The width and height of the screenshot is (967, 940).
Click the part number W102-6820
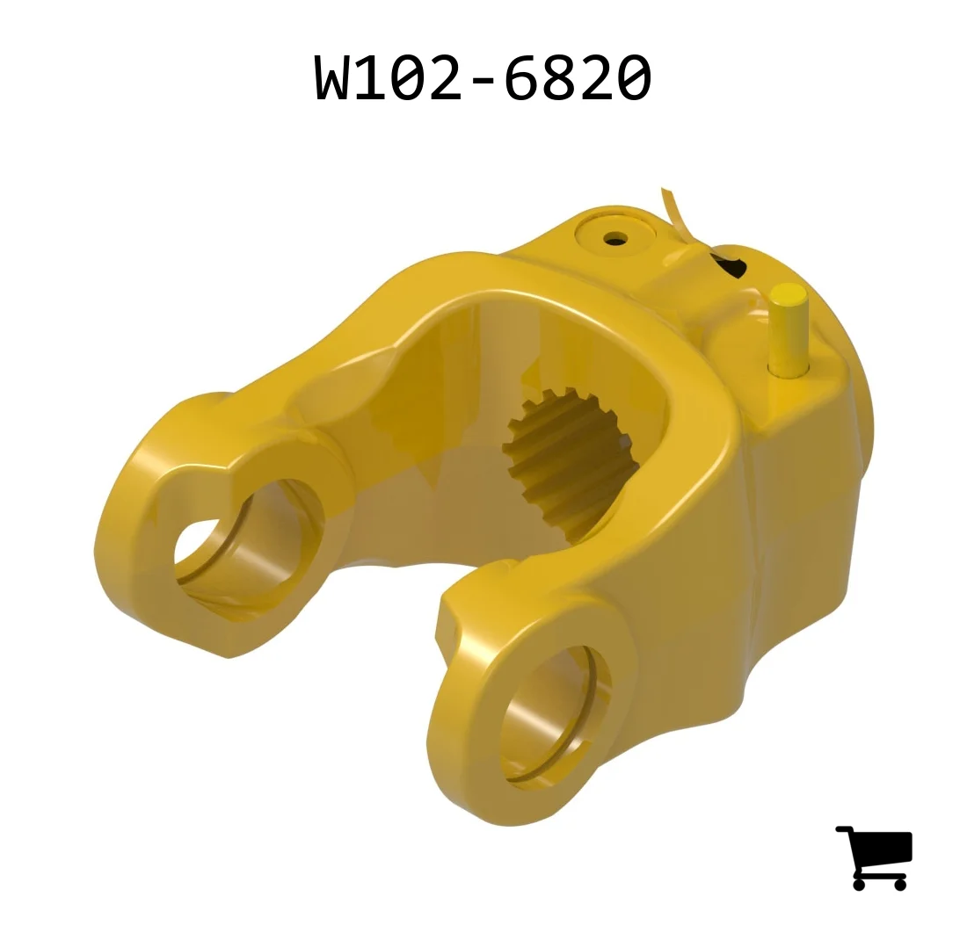pos(483,77)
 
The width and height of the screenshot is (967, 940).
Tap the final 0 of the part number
pos(634,77)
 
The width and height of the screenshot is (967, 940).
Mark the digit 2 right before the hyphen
pos(446,77)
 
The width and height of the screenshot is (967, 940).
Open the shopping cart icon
pos(874,857)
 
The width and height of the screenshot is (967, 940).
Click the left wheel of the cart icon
pos(861,883)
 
